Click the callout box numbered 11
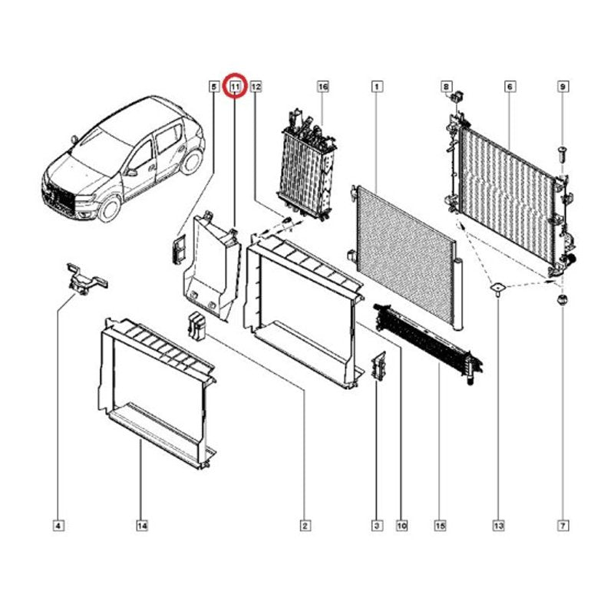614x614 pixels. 235,86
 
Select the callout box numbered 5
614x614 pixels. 213,86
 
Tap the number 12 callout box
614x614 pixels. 256,86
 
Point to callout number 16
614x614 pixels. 322,86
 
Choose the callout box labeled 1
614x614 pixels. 377,86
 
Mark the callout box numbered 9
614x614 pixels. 563,86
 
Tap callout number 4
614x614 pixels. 58,526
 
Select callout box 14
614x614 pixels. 142,526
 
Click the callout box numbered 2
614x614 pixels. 305,526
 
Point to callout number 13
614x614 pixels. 498,526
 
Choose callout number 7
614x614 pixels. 563,526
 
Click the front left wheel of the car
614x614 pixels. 109,208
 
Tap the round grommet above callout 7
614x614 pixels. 563,301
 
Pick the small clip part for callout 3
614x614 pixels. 378,366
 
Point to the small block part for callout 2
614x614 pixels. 197,325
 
